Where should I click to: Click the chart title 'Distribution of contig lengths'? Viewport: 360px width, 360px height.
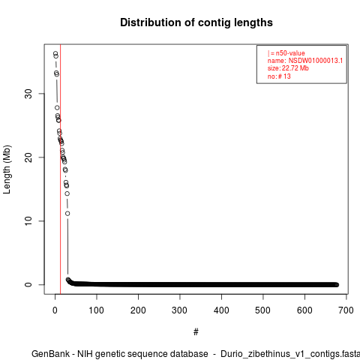[x=196, y=22]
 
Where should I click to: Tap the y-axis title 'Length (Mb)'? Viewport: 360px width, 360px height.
[x=7, y=169]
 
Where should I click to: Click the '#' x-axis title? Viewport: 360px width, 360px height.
[x=196, y=331]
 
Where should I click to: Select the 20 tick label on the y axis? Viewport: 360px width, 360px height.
[x=28, y=157]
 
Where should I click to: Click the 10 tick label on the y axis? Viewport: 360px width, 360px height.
[x=28, y=220]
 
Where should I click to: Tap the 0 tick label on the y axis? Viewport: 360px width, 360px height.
[x=28, y=284]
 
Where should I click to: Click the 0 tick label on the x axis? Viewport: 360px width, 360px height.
[x=55, y=310]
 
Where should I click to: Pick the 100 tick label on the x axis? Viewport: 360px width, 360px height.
[x=97, y=310]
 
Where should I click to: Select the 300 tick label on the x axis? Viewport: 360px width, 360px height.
[x=180, y=310]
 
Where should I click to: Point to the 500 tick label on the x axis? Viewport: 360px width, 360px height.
[x=263, y=310]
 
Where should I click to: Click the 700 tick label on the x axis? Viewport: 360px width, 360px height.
[x=346, y=310]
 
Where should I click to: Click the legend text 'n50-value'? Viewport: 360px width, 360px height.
[x=290, y=53]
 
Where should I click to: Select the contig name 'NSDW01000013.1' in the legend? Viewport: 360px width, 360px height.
[x=316, y=61]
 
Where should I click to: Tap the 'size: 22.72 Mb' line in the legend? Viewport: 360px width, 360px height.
[x=288, y=68]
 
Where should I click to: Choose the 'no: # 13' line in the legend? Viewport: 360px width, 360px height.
[x=279, y=76]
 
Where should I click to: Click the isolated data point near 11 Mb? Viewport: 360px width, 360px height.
[x=67, y=214]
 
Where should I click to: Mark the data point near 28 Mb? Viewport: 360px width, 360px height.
[x=57, y=108]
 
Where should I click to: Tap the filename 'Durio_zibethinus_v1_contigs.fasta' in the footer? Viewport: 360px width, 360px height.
[x=290, y=354]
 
